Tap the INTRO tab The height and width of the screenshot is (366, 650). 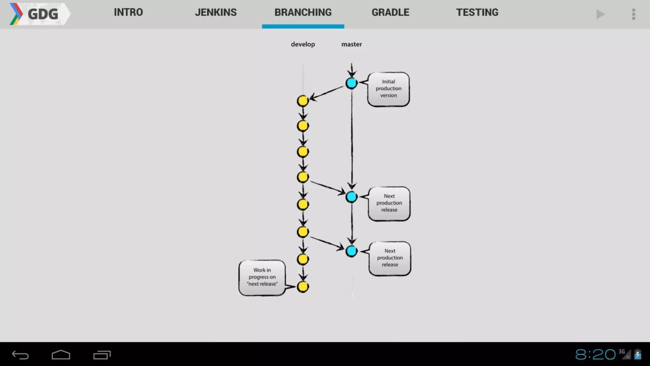point(128,13)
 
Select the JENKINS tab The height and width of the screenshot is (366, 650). point(216,13)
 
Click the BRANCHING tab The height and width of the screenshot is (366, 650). point(303,13)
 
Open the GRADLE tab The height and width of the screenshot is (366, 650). point(390,13)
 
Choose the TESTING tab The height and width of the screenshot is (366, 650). point(477,13)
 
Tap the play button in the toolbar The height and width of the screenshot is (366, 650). point(600,14)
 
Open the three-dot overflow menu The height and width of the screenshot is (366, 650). point(633,14)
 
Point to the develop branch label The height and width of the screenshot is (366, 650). point(303,44)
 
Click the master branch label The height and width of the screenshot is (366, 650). point(351,44)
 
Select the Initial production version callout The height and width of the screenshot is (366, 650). point(388,89)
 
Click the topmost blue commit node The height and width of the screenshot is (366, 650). point(351,83)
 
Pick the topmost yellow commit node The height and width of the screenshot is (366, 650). point(303,101)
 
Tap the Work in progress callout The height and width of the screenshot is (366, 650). point(262,277)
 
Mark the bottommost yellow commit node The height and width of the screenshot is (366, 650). point(303,287)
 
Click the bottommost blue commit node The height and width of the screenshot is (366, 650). point(351,251)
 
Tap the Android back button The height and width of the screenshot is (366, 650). point(20,355)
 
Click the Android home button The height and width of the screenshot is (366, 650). point(61,355)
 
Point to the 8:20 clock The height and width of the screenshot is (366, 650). point(595,354)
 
